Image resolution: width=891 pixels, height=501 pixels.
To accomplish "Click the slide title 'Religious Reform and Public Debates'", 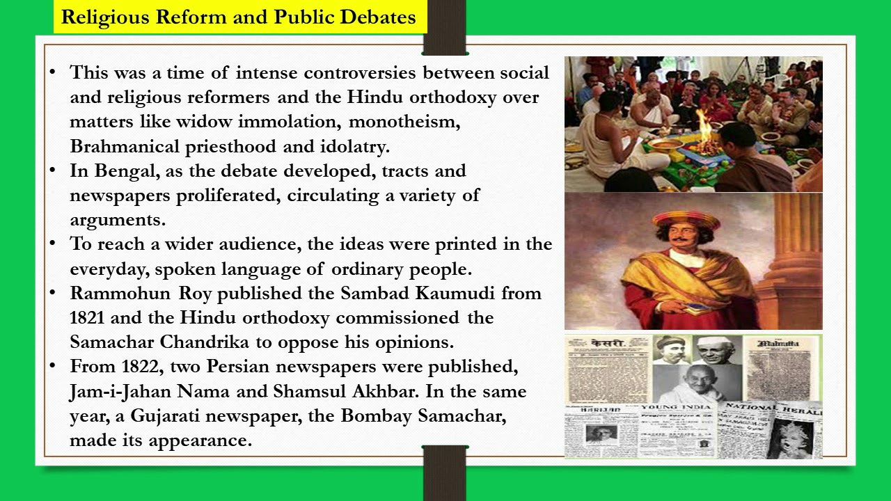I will (238, 17).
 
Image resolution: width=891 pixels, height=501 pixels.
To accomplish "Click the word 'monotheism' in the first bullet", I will (404, 122).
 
